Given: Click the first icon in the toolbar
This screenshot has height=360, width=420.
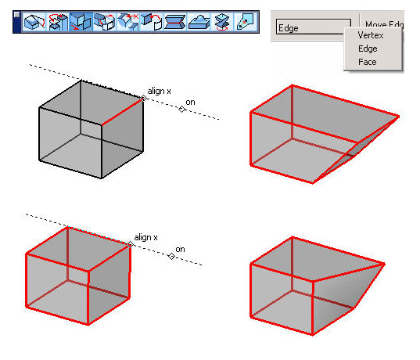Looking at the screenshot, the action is [34, 22].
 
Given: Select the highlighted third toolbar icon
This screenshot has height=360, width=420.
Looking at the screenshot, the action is [81, 22].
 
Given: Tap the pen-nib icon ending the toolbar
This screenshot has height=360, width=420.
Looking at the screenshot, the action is [246, 22].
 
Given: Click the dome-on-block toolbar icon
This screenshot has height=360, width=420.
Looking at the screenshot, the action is [199, 22].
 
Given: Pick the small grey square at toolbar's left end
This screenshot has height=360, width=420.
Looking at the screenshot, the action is [16, 14].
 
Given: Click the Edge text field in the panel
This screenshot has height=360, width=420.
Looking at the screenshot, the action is [314, 27].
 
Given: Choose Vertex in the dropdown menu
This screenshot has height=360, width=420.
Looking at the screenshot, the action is [371, 35].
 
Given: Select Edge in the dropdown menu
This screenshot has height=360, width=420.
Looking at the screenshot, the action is [368, 49].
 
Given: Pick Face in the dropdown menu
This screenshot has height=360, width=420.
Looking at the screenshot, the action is [368, 62].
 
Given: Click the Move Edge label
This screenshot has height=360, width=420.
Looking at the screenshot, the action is [384, 25].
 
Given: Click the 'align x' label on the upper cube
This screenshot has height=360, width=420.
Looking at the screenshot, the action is [159, 91].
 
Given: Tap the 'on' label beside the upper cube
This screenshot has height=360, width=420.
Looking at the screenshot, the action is [190, 102].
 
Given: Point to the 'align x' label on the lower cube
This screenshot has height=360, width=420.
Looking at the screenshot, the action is [145, 237].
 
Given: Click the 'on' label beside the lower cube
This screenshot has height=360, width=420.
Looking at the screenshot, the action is [180, 250].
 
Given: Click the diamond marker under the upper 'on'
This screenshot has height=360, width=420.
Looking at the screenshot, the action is [182, 109].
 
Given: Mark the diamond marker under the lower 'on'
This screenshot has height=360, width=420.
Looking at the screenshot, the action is [171, 257].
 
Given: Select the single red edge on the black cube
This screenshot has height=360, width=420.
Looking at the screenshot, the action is [122, 112].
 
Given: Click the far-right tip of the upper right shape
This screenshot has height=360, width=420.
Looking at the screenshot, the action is [399, 117].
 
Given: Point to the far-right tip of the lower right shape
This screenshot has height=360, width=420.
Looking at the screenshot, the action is [385, 265].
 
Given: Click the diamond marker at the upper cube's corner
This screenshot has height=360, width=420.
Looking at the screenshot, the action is [144, 98].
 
